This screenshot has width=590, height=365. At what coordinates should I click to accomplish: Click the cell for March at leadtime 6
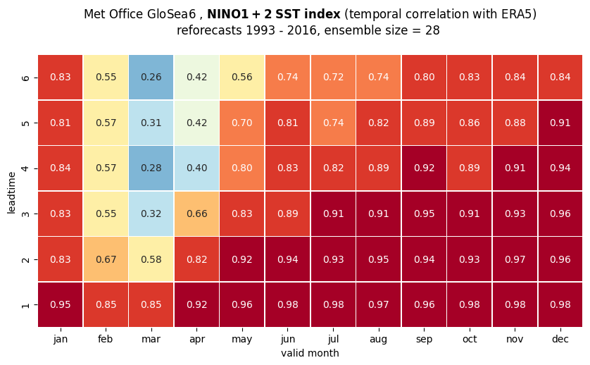pos(151,78)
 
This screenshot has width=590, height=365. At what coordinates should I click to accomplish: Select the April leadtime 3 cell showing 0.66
pos(197,214)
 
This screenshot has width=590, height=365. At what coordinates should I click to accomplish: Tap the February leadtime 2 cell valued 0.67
pos(106,259)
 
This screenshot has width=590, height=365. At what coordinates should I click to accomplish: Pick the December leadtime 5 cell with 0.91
pos(560,123)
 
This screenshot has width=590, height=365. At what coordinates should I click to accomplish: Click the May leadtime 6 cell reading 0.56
pos(242,78)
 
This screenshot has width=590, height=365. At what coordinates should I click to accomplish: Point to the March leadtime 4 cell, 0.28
pos(151,168)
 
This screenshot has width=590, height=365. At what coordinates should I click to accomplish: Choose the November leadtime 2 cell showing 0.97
pos(515,259)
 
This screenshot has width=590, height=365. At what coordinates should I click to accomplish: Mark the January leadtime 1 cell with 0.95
pos(61,304)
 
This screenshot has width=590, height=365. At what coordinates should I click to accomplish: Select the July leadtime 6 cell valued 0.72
pos(333,78)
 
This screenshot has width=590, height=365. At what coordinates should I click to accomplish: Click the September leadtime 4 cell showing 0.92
pos(424,168)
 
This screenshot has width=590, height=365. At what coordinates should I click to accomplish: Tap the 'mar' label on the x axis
pos(151,340)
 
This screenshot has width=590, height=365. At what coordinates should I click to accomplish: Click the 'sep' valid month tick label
pos(424,340)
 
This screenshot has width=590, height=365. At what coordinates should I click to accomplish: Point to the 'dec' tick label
pos(560,339)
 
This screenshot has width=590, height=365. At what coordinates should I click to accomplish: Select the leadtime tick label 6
pos(25,78)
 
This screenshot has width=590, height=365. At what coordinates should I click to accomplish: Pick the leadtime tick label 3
pos(25,214)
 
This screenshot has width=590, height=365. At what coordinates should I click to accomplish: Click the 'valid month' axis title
pos(310,353)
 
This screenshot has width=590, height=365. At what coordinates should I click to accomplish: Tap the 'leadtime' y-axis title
pos(11,193)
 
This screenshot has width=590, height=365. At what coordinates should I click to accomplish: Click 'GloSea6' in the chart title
pos(172,14)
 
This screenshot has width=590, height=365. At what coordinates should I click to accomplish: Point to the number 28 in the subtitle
pos(432,30)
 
